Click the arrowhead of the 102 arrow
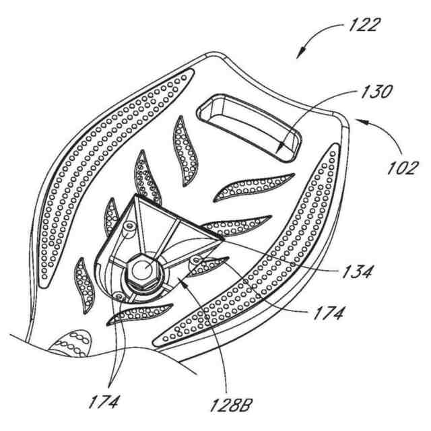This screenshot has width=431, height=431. tap(356, 121)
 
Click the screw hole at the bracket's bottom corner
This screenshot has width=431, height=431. tap(119, 294)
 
